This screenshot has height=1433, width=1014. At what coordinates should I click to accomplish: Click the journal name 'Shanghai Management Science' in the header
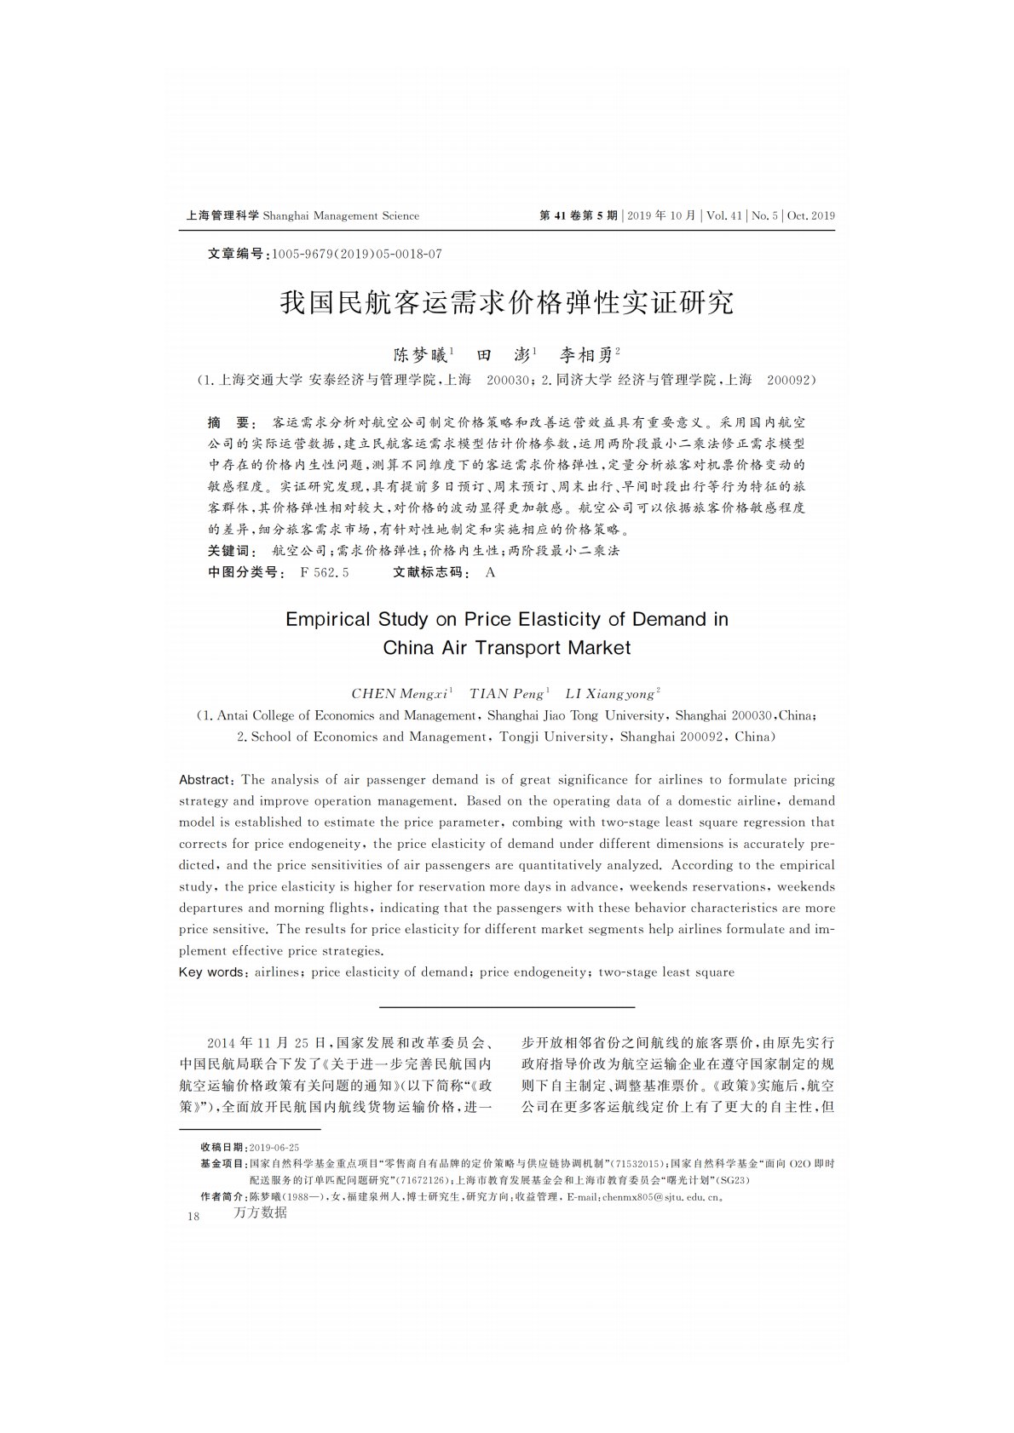tap(341, 215)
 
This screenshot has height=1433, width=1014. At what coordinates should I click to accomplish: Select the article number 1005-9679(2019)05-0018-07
tap(356, 254)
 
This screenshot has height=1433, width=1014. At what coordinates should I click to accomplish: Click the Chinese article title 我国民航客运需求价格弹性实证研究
tap(507, 302)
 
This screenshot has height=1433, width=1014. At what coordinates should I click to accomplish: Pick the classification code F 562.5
tap(325, 572)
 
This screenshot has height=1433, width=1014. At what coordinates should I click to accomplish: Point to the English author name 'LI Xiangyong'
tap(612, 693)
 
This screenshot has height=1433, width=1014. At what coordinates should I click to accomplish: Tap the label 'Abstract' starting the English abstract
tap(205, 780)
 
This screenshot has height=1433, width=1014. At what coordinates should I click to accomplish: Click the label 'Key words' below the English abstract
tap(210, 972)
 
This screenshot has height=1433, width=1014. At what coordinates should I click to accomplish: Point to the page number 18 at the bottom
tap(193, 1216)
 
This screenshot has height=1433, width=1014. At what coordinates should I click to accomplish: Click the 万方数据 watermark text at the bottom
tap(260, 1212)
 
